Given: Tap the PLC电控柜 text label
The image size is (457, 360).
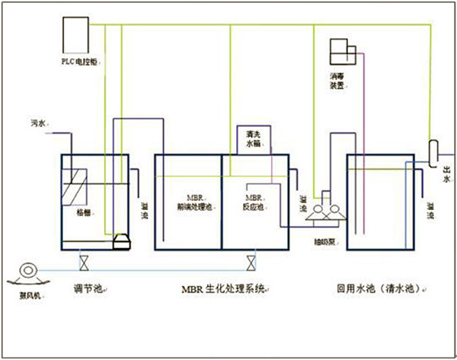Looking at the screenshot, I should [78, 59].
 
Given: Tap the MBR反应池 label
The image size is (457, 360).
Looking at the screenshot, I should [254, 201].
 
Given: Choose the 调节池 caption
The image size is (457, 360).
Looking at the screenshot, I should [88, 290].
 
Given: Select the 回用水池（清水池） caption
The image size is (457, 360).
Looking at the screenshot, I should [376, 290].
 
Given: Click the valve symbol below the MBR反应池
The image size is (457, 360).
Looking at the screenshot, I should [250, 263].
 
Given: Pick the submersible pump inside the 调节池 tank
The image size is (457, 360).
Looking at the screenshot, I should [120, 241].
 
